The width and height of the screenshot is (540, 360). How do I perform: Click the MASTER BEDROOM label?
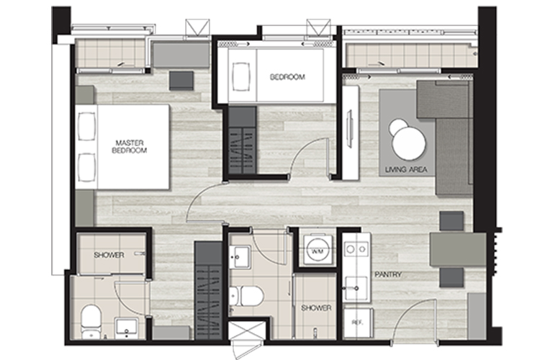[x=130, y=146]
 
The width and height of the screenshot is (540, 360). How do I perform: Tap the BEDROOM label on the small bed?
[x=287, y=77]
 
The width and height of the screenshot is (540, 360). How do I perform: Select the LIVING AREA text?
[x=406, y=169]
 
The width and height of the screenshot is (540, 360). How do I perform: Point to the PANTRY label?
[x=388, y=274]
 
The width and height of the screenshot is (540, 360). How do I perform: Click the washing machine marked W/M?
[x=318, y=250]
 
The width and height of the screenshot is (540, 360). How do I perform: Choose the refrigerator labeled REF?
[x=358, y=323]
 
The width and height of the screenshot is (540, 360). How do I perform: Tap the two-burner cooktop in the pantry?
[x=356, y=248]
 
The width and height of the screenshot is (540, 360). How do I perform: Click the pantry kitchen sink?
[x=356, y=288]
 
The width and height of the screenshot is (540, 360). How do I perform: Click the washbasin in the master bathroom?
[x=127, y=328]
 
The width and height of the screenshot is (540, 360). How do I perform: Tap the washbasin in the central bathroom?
[x=240, y=256]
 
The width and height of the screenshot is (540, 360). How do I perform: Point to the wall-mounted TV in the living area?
[x=350, y=128]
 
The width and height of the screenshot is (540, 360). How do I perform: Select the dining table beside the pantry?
[x=458, y=249]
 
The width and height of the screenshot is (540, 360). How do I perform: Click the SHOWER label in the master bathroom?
[x=109, y=256]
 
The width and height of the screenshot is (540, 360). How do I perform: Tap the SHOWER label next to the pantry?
[x=316, y=308]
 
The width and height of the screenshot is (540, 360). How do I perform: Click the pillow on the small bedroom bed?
[x=241, y=76]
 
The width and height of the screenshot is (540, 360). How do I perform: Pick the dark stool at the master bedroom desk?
[x=181, y=81]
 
